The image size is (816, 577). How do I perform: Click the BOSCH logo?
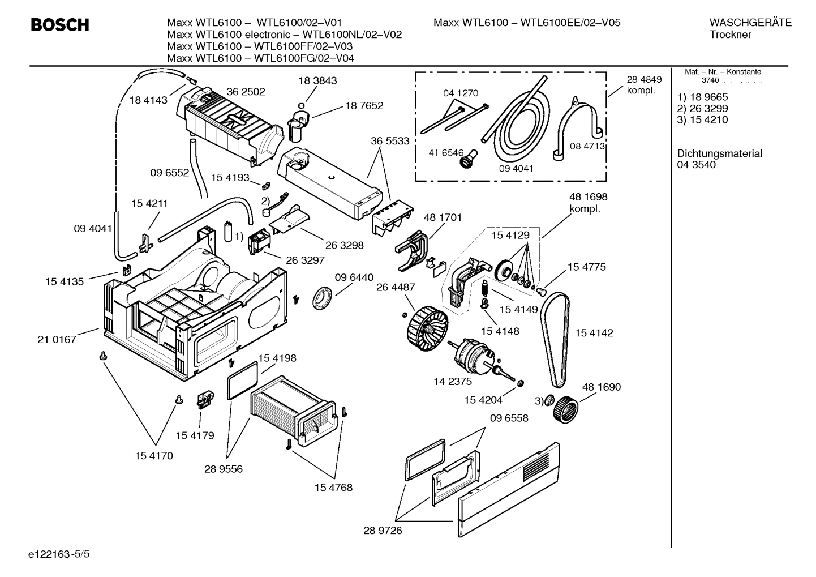59,25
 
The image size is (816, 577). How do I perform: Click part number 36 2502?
246,92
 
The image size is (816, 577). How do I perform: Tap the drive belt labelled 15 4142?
554,340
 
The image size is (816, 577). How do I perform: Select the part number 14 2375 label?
453,382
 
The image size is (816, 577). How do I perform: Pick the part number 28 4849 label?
644,80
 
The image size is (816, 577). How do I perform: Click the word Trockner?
730,35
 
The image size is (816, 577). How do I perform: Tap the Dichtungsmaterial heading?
719,153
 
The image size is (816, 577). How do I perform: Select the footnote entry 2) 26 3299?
702,108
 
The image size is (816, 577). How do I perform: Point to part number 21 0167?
57,340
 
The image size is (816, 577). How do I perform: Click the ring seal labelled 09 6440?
324,298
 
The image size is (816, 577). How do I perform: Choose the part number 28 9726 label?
383,531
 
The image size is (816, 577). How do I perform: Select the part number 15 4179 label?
195,435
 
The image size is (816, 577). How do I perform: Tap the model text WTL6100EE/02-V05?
570,23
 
